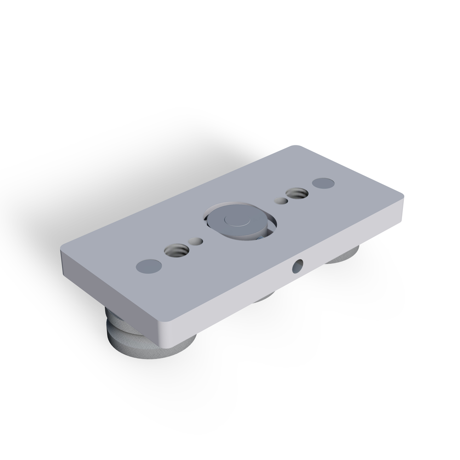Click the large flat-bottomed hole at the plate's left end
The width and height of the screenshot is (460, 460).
149,266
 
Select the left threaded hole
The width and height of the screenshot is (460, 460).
176,251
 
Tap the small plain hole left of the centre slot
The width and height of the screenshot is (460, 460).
195,241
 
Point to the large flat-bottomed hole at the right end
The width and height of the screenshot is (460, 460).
323,183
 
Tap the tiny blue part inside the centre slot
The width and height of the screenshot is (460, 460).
261,237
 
